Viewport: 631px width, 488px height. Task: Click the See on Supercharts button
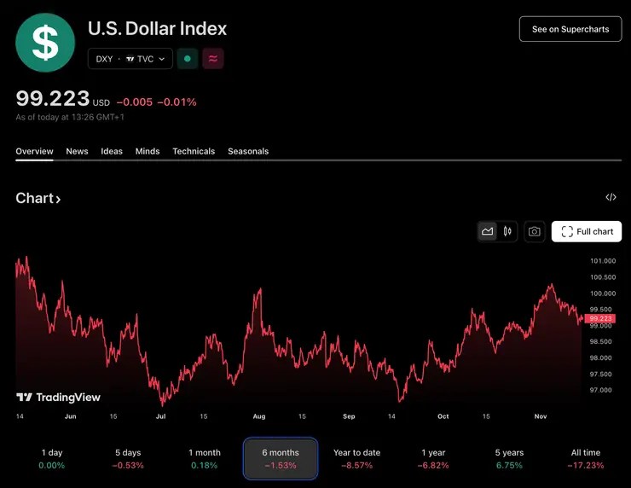click(570, 29)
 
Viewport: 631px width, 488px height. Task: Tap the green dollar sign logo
click(46, 42)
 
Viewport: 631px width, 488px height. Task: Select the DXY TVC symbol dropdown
click(130, 59)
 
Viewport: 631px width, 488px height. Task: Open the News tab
click(77, 151)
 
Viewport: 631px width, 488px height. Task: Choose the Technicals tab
click(194, 151)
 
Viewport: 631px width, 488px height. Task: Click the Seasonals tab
click(248, 151)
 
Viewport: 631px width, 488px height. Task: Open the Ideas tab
click(112, 151)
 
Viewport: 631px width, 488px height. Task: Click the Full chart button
click(587, 231)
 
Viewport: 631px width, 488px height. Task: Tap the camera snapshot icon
click(534, 231)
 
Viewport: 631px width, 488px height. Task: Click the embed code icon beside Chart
click(611, 198)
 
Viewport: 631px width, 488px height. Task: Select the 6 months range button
click(281, 458)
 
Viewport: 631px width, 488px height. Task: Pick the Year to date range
click(356, 458)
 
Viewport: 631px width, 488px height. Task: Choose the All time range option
click(586, 458)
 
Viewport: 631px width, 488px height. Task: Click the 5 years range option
click(510, 458)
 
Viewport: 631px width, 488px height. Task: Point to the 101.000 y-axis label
click(603, 261)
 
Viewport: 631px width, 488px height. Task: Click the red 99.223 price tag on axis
click(600, 318)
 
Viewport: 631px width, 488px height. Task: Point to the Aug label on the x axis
click(259, 416)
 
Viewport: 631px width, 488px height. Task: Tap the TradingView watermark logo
click(58, 398)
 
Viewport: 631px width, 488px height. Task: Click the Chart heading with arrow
click(38, 199)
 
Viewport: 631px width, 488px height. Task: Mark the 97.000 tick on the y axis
click(601, 391)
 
